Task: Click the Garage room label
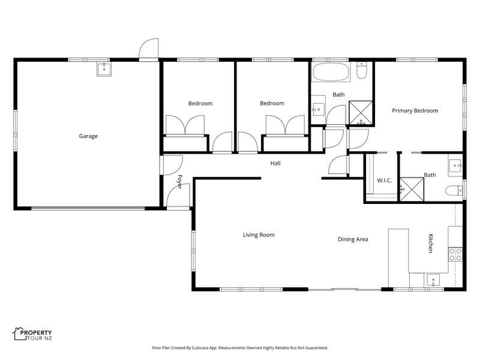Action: pos(88,136)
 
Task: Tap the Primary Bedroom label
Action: pos(415,110)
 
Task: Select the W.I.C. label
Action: pos(384,181)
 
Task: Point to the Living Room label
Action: pos(259,235)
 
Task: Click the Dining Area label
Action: pos(353,239)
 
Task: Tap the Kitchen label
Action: pos(430,244)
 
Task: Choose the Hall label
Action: pos(275,163)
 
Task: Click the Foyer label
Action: pos(180,182)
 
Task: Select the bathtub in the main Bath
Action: pos(331,72)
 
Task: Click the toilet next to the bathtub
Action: pos(362,70)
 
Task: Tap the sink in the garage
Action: pos(104,69)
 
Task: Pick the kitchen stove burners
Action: pos(455,254)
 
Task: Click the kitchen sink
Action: pos(433,280)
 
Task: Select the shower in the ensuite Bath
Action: pos(412,190)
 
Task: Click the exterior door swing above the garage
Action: pos(149,49)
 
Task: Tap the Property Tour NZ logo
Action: pos(32,334)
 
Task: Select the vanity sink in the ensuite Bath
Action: pos(455,166)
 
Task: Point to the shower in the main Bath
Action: pos(361,113)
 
